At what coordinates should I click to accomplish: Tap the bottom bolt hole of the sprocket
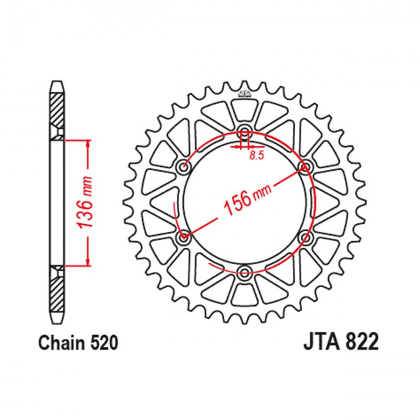[244, 273]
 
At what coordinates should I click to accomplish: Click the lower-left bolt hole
[183, 237]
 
